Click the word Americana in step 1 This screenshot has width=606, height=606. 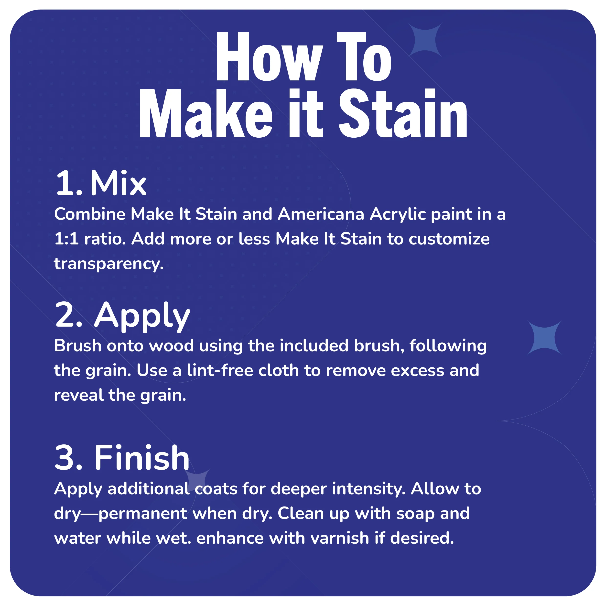click(x=321, y=214)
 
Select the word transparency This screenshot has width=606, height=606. click(x=108, y=264)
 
